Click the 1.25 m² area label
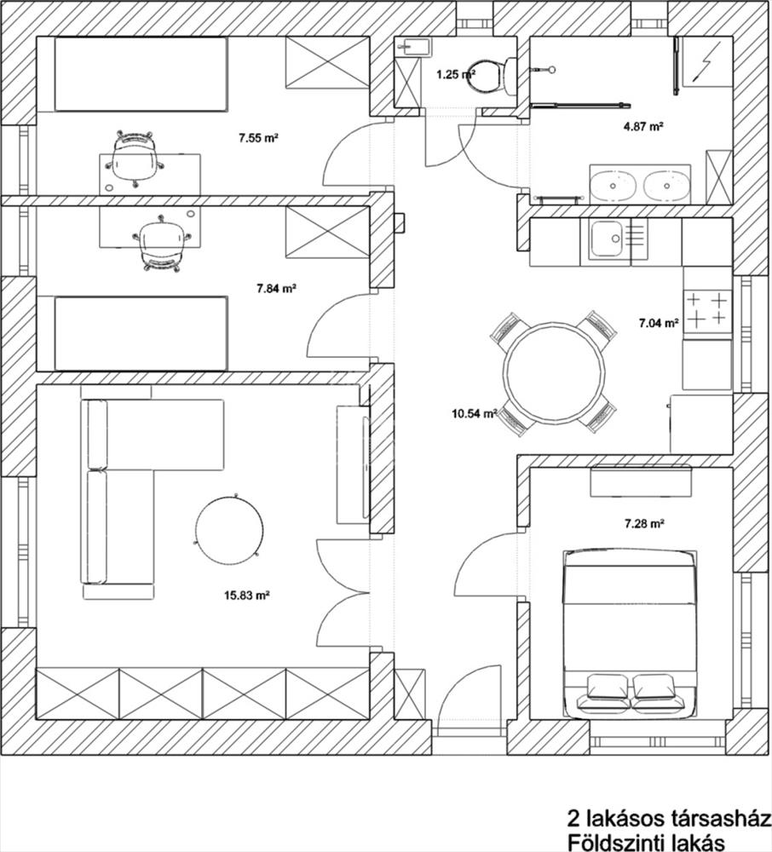tap(455, 74)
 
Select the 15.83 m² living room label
tap(247, 595)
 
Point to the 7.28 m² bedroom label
tap(645, 524)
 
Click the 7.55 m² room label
tap(258, 138)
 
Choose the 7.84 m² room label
tap(276, 289)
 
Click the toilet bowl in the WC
tap(487, 77)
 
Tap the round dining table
tap(554, 373)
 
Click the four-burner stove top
tap(707, 312)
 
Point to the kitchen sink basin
tap(608, 239)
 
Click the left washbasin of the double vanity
tap(613, 185)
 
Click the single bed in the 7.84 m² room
tap(141, 333)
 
